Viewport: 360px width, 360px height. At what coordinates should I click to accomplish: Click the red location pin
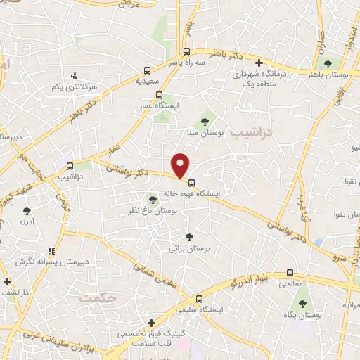click(181, 165)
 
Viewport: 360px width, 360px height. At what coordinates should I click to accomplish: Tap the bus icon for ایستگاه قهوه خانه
click(191, 183)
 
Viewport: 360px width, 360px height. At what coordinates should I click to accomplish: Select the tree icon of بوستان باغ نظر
click(153, 200)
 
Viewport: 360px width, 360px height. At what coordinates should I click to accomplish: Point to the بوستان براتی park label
click(191, 248)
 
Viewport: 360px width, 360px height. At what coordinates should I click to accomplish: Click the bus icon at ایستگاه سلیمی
click(199, 298)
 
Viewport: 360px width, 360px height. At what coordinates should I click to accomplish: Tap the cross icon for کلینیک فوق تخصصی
click(150, 323)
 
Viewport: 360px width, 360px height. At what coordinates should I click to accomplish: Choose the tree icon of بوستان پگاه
click(302, 304)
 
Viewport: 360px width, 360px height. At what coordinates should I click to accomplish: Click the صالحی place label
click(291, 284)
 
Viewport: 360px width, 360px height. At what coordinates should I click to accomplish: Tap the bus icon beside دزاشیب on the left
click(70, 166)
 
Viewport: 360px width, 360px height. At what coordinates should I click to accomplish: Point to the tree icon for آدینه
click(27, 210)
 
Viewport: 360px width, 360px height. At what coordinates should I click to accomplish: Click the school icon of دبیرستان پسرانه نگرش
click(51, 250)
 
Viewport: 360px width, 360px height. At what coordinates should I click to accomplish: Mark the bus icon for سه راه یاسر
click(186, 51)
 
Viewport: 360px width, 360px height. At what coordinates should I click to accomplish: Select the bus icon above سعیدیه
click(147, 70)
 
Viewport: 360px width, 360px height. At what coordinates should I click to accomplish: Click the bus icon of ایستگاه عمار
click(159, 95)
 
